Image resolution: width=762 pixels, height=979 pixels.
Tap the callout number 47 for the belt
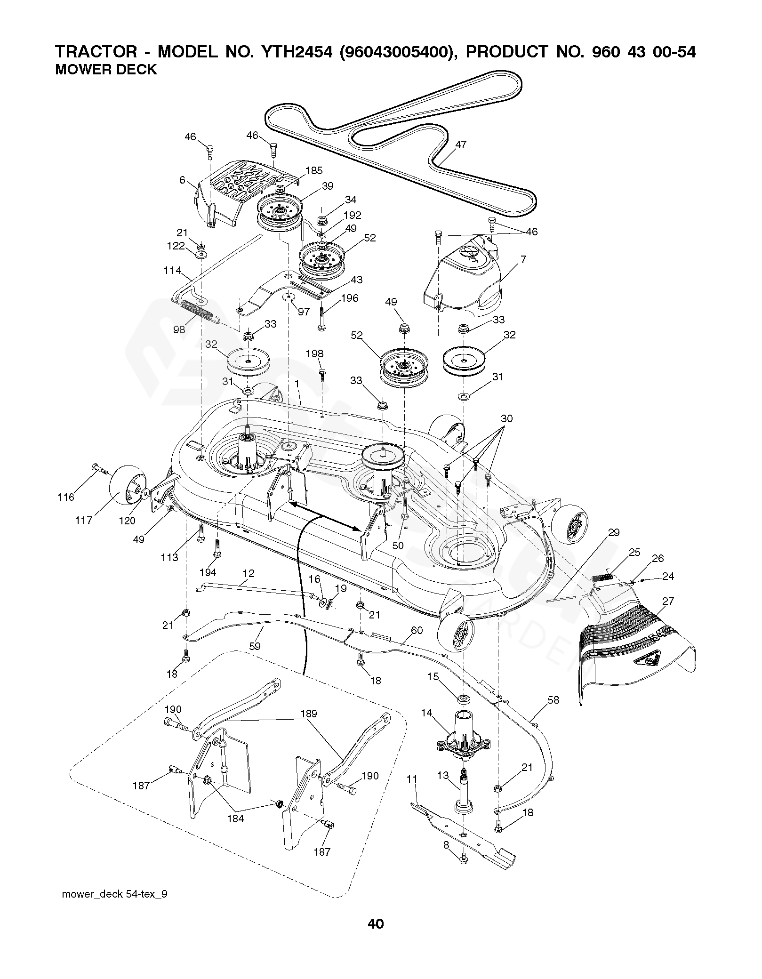(461, 145)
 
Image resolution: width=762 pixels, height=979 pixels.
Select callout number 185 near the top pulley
(314, 171)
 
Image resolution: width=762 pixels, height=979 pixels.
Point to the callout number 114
(173, 271)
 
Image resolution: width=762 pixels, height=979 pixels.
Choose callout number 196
(350, 297)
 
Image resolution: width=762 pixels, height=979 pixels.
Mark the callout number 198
(314, 353)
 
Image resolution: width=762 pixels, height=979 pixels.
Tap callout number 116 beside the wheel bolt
(66, 497)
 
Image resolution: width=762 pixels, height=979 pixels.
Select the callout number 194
(208, 572)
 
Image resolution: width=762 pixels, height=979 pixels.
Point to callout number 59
(255, 646)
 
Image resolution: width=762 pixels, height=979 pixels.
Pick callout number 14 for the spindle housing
(426, 713)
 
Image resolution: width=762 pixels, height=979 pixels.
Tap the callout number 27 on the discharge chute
(668, 601)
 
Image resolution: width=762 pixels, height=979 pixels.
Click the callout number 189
(309, 714)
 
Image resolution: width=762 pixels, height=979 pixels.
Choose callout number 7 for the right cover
(524, 259)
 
